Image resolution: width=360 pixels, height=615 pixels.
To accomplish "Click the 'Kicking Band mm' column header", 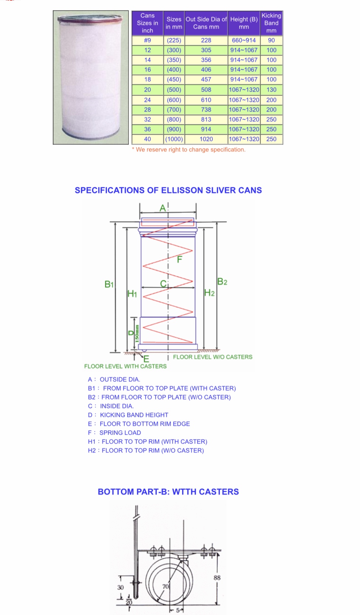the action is pos(271,23).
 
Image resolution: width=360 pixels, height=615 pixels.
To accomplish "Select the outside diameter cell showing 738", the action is pos(206,110).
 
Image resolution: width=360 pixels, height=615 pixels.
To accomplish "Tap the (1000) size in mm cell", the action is pos(174,139).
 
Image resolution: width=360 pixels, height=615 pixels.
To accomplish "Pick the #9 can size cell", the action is pos(148,40).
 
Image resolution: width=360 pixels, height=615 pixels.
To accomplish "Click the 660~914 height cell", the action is pos(243,40).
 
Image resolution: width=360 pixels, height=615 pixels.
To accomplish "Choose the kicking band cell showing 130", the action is pos(271,90).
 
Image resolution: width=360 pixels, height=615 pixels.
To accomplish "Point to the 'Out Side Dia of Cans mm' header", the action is pos(206,23).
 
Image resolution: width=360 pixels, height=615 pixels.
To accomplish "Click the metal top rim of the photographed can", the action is pos(90,18).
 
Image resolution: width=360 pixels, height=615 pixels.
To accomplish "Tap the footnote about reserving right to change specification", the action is pos(188,150).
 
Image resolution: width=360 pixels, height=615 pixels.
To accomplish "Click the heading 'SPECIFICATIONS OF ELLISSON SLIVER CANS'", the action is pos(168,190).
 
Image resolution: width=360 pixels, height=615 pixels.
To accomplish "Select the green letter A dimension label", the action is pos(163,208).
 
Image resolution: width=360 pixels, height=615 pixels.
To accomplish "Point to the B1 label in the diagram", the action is pos(109,284).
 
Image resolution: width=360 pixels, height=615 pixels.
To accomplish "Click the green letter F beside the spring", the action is pos(180,260).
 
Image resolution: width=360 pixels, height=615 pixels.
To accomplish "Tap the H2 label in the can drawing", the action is pos(210,293).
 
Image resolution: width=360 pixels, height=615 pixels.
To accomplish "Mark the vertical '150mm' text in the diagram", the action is pos(137,333).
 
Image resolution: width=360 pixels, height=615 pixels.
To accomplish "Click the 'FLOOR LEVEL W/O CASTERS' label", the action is pos(212,357).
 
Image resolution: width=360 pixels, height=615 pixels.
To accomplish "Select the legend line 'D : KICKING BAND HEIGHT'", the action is pos(128,415).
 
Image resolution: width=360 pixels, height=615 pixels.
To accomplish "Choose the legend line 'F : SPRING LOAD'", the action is pos(114,433).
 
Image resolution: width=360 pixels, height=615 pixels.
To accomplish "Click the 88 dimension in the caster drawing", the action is pos(217,578).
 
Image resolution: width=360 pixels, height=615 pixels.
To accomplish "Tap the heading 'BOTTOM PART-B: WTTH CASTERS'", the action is pos(168,492).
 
